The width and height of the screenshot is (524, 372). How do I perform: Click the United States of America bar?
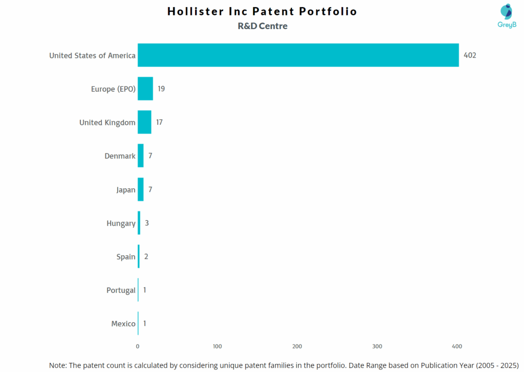point(298,55)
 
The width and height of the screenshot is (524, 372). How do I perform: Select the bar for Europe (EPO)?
point(145,89)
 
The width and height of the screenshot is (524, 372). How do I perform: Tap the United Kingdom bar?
point(144,122)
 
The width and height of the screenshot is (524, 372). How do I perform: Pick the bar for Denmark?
point(141,156)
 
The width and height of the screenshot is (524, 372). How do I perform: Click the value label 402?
point(470,55)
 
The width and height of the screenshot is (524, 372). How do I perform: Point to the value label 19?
point(161,89)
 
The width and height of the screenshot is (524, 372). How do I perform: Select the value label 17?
point(160,122)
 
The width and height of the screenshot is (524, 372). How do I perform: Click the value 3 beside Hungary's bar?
point(146,223)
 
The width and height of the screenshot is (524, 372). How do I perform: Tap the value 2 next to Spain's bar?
point(146,256)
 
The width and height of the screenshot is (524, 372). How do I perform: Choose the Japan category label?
point(126,190)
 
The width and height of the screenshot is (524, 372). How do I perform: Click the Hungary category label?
point(121,223)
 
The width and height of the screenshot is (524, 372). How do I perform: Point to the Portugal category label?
point(121,290)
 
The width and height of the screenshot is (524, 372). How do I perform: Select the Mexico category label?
point(123,323)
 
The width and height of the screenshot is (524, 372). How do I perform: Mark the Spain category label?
point(126,257)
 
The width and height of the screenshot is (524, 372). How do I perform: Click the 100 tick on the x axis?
point(217,346)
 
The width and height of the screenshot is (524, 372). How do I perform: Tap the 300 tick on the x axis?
point(377,346)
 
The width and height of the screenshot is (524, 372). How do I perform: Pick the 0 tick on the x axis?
point(138,346)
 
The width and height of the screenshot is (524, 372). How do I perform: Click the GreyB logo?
point(507,15)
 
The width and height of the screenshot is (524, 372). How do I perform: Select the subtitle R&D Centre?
point(263,26)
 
